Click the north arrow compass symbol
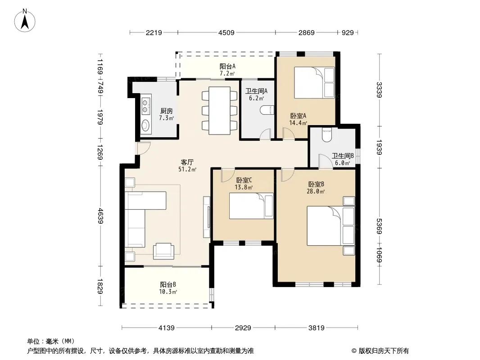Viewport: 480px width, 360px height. click(25, 20)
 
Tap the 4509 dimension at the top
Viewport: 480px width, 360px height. click(226, 32)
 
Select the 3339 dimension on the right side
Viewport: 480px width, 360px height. click(379, 90)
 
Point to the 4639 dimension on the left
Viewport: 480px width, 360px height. click(100, 216)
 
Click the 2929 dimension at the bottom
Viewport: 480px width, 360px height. click(243, 328)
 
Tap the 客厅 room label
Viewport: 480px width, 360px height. click(187, 162)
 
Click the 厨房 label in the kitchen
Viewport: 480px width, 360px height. click(166, 111)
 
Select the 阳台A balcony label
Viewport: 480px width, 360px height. click(227, 66)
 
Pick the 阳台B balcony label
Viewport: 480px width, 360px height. click(168, 284)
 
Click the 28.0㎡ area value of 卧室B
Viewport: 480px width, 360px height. click(316, 191)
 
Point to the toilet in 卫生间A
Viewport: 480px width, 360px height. click(267, 110)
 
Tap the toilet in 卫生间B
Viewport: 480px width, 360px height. click(327, 135)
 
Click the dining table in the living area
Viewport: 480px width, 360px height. click(219, 111)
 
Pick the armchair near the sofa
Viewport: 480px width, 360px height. click(163, 251)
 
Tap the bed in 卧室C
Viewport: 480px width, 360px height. click(251, 206)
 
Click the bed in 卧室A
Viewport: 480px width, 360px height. click(314, 83)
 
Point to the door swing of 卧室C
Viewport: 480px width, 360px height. click(227, 175)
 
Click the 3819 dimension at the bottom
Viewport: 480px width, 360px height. click(316, 328)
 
